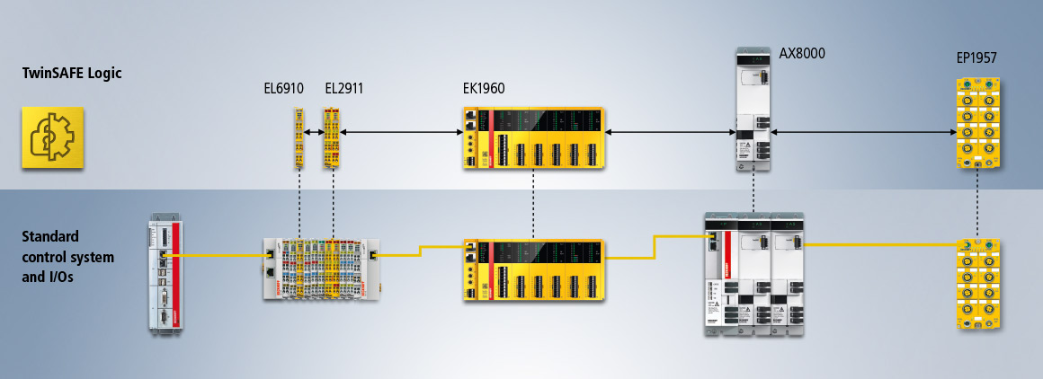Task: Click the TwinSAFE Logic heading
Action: point(72,74)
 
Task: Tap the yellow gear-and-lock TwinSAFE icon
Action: point(53,137)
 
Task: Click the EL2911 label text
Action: point(343,88)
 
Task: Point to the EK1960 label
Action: point(484,88)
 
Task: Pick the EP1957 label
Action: point(976,58)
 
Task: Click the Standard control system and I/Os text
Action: point(68,256)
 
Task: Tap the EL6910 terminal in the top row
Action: point(299,138)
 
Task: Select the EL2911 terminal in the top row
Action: point(333,138)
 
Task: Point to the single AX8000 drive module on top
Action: point(753,110)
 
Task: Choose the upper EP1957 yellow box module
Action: point(977,124)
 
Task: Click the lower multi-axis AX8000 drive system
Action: point(753,274)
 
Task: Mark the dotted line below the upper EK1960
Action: point(534,202)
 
